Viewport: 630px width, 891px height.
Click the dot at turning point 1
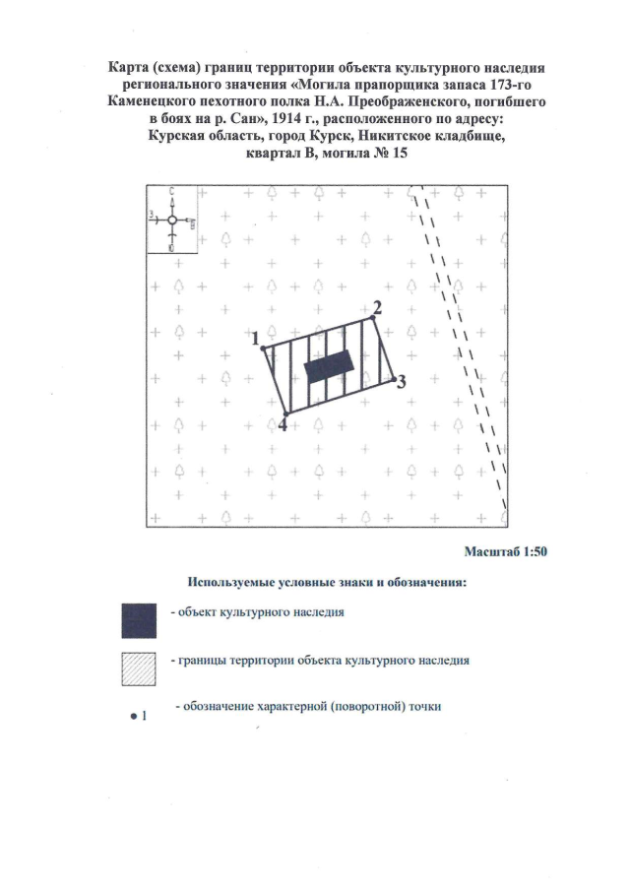click(263, 348)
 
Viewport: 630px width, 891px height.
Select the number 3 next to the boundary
click(401, 382)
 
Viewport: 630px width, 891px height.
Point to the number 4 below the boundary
click(282, 424)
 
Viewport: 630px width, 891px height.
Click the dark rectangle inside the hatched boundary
click(330, 366)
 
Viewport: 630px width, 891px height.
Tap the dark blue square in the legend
click(139, 620)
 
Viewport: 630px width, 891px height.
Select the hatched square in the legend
click(139, 668)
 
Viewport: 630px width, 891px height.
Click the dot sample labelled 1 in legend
click(134, 717)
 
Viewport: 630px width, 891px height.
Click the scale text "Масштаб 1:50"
click(506, 551)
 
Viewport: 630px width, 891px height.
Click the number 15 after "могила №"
click(400, 154)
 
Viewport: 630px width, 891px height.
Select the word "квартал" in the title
click(272, 154)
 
